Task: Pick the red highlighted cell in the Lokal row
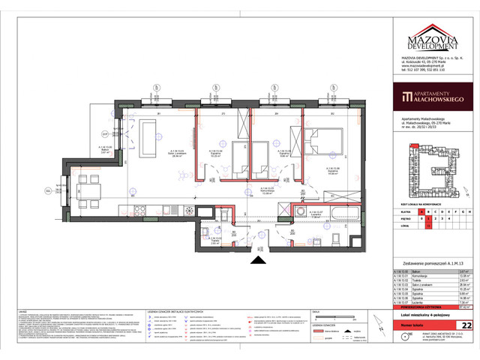(x=428, y=224)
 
